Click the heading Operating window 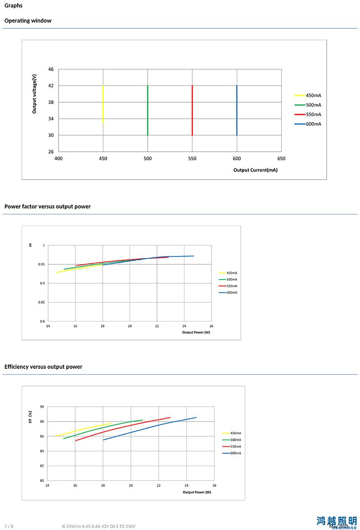coord(28,21)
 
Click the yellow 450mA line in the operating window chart coord(103,104)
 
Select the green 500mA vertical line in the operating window coord(148,110)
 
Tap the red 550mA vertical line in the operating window coord(192,110)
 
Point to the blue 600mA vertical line coord(237,110)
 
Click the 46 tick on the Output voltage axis coord(50,69)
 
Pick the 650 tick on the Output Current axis coord(281,159)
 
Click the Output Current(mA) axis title coord(255,170)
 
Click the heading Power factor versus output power coord(47,207)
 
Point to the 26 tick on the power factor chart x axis coord(211,326)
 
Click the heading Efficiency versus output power coord(43,367)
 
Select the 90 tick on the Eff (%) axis coord(42,407)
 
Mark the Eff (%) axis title coord(30,417)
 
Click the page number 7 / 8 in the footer coord(9,526)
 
